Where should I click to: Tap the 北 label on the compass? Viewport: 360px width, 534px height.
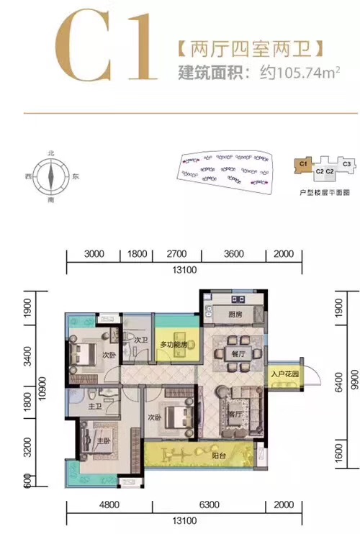pos(50,154)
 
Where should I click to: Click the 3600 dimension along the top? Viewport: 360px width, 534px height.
pos(233,254)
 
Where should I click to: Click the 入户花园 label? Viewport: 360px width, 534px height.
pos(285,374)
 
